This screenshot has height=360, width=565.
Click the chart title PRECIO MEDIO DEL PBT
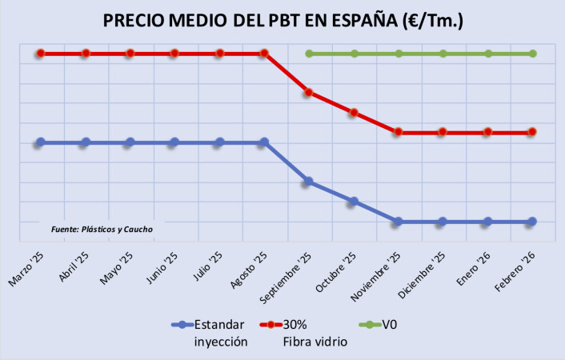282,21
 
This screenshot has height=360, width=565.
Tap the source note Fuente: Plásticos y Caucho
102,229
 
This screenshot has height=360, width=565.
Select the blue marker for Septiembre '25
308,182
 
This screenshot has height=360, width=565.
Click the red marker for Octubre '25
353,113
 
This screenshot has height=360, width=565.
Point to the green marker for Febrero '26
532,54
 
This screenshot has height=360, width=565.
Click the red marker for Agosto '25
264,54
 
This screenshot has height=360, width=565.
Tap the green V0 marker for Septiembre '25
308,54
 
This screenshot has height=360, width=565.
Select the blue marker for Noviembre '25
398,221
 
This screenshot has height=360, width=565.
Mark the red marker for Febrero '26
532,132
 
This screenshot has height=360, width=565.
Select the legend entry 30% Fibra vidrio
307,333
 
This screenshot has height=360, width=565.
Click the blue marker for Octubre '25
353,202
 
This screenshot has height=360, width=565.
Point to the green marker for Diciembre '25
443,54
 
